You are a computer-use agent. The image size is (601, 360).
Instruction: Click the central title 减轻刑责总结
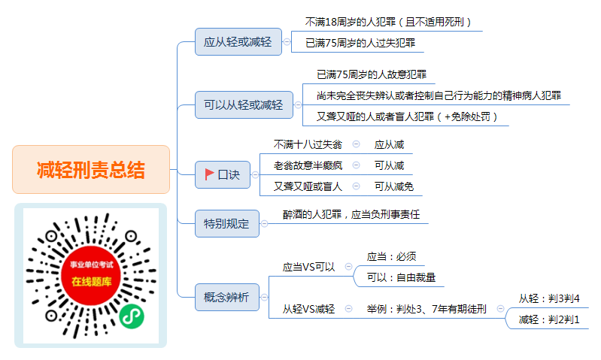(x=91, y=170)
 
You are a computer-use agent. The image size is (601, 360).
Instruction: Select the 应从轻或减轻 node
(x=238, y=42)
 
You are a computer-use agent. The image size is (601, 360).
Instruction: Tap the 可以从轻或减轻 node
(x=244, y=105)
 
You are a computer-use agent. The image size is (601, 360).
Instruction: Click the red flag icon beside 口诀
(x=209, y=174)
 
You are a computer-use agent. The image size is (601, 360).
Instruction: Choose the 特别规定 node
(x=227, y=224)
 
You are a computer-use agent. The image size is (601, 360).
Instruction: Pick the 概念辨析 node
(x=227, y=297)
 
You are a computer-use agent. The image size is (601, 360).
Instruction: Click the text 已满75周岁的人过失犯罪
(x=360, y=43)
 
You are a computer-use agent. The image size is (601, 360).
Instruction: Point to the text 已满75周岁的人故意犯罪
(x=372, y=74)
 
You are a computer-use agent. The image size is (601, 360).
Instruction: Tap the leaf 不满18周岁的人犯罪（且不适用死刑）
(x=388, y=22)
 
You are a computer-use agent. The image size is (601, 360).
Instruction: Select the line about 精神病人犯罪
(x=439, y=95)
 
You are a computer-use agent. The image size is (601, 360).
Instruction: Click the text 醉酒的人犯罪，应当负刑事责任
(x=351, y=214)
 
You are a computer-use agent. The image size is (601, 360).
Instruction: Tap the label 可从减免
(x=394, y=186)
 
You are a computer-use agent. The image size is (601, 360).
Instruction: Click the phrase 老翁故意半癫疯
(x=308, y=165)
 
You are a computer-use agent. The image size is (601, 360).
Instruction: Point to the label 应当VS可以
(x=308, y=267)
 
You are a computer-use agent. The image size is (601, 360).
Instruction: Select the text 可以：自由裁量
(x=401, y=277)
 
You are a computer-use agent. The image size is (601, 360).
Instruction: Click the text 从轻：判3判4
(x=549, y=298)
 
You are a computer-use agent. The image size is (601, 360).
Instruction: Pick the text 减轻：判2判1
(x=549, y=319)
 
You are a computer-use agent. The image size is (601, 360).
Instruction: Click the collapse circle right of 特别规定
(x=265, y=224)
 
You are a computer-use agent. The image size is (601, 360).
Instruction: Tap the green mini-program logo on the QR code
(x=132, y=316)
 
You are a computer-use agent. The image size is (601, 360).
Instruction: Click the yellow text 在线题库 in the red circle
(x=91, y=282)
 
